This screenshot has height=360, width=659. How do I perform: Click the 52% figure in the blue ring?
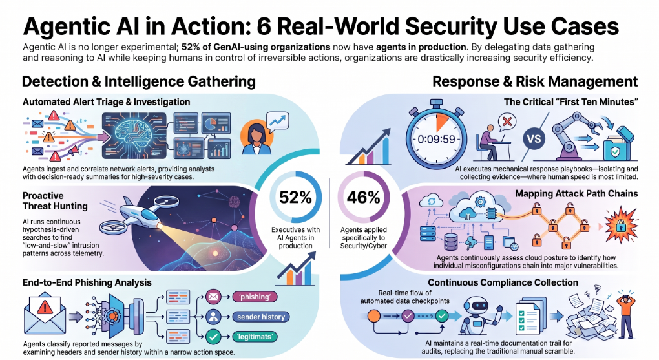295,197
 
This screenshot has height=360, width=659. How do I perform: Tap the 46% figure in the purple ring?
364,197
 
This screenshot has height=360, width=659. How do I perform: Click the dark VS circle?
534,138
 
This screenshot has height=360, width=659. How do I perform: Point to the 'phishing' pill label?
255,297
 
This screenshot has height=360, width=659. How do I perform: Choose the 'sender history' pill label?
261,317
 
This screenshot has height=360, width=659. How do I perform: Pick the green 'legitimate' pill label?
255,337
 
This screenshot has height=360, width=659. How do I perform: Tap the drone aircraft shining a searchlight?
135,215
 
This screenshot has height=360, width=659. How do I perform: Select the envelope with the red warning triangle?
45,313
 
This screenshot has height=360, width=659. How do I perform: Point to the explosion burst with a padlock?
621,226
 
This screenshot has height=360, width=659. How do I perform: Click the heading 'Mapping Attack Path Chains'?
576,193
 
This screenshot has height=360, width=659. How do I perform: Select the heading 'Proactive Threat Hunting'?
55,200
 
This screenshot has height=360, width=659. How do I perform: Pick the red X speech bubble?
507,122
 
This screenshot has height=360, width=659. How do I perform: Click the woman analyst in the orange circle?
256,136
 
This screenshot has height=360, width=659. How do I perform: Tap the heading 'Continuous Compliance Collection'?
503,282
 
